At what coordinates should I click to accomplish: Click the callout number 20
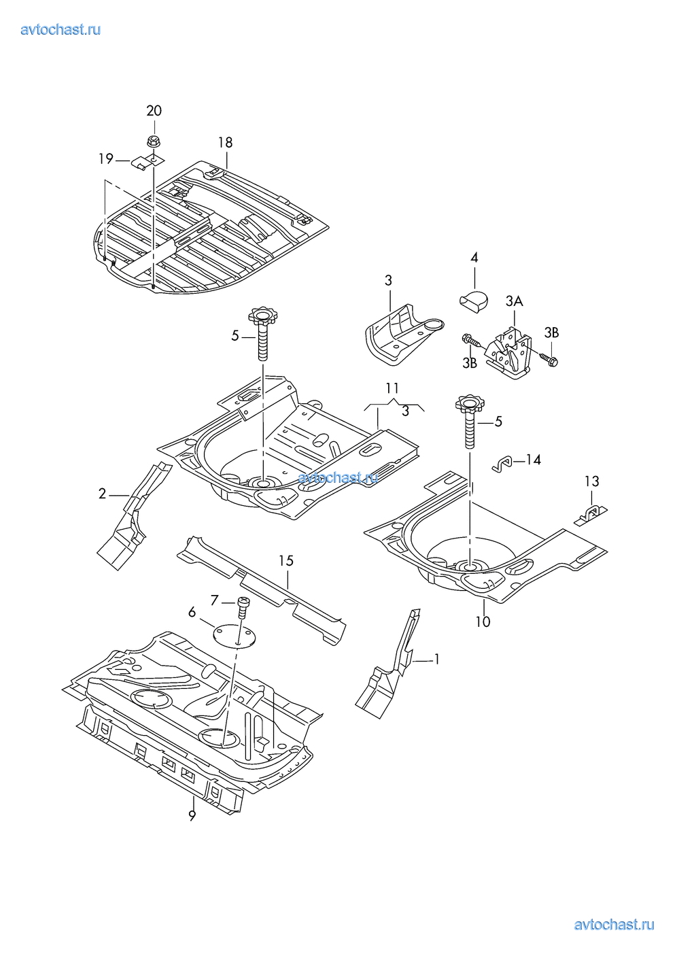(154, 111)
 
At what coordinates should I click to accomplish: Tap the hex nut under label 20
(154, 141)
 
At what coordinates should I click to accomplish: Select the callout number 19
(105, 159)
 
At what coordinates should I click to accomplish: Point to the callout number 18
(225, 142)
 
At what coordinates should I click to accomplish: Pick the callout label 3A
(514, 301)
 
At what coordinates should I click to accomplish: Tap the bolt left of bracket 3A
(470, 340)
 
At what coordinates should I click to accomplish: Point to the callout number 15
(285, 560)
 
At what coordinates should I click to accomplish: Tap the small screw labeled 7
(243, 604)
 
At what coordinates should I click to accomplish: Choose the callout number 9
(192, 817)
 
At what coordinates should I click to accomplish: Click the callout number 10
(483, 621)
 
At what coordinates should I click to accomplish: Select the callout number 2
(102, 494)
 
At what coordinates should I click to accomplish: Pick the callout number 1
(436, 659)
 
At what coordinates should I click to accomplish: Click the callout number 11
(392, 389)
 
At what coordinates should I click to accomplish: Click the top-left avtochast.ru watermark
(61, 29)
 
